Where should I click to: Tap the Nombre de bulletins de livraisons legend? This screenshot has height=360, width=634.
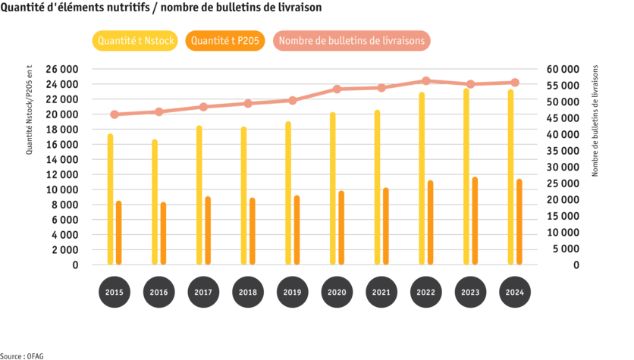coord(352,41)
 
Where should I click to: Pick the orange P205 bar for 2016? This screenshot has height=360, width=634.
coord(163,233)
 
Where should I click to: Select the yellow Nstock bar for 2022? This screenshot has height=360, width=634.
coord(422,179)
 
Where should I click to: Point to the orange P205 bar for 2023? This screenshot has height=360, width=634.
coord(475,221)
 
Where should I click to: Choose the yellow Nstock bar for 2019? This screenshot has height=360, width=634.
coord(288,193)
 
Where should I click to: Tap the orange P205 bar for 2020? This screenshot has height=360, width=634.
coord(341,227)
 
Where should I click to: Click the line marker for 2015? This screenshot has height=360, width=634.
coord(114,114)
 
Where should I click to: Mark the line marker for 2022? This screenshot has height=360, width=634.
coord(425,81)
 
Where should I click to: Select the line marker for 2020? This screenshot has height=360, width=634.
coord(337,89)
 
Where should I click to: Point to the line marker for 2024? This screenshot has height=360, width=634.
coord(515,83)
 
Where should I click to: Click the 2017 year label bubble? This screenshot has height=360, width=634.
coord(203,293)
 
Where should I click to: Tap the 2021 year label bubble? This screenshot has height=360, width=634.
coord(381,293)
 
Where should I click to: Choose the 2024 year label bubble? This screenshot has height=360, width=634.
coord(515,293)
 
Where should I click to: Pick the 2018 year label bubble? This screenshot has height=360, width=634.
coord(248,293)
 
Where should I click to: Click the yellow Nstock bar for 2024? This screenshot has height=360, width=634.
coord(510,177)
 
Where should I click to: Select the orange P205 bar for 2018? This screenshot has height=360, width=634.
coord(252,231)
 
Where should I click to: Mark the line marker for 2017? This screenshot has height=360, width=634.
coord(203,107)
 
